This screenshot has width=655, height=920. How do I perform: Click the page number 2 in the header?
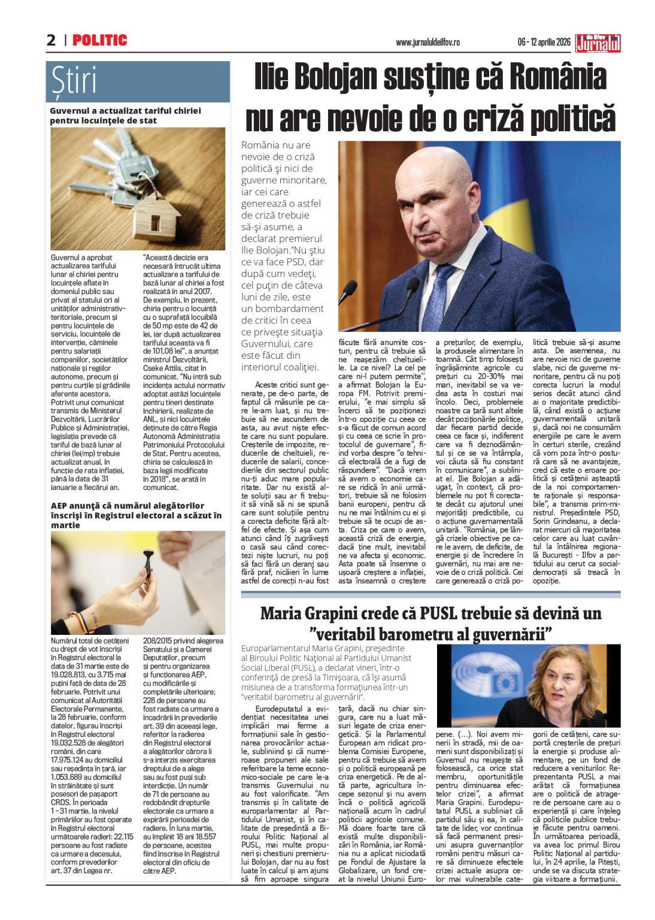(51, 40)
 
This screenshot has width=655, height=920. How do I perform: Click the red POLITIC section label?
(99, 40)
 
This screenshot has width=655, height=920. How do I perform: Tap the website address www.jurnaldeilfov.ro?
(427, 43)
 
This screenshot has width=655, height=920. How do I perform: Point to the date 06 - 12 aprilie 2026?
(544, 43)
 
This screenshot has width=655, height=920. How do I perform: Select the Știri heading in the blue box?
(74, 81)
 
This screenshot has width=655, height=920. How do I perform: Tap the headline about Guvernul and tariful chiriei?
(125, 116)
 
